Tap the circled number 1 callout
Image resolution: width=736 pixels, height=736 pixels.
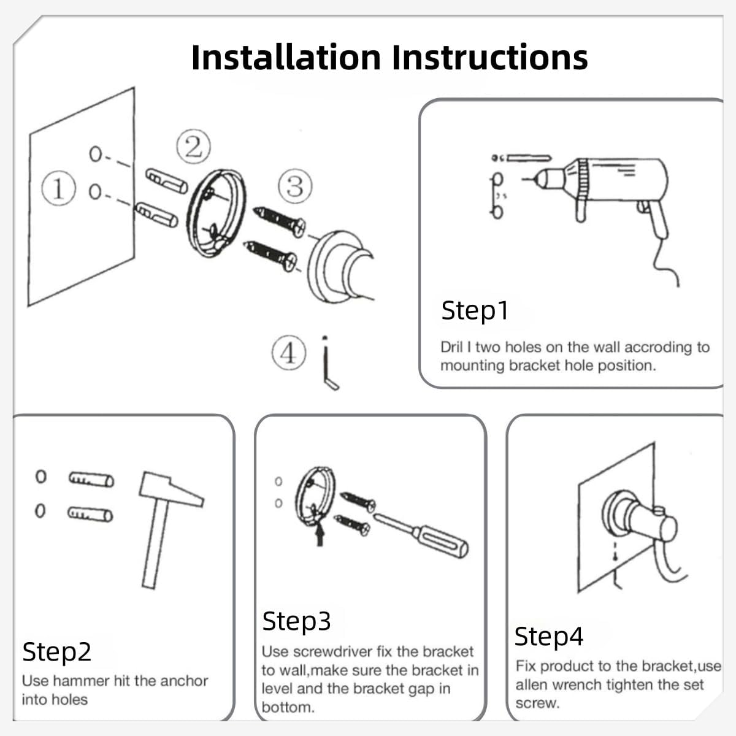click(x=58, y=188)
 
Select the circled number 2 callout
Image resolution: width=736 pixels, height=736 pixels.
click(x=194, y=147)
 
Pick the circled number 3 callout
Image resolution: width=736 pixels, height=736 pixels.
click(x=295, y=186)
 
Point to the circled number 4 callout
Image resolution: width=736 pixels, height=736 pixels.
click(x=289, y=353)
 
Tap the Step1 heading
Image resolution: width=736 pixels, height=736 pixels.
click(x=475, y=310)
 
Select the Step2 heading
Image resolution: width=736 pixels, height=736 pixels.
click(x=57, y=651)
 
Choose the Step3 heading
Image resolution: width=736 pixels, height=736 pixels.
click(x=296, y=621)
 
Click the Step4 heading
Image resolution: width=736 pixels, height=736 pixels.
click(x=549, y=636)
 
